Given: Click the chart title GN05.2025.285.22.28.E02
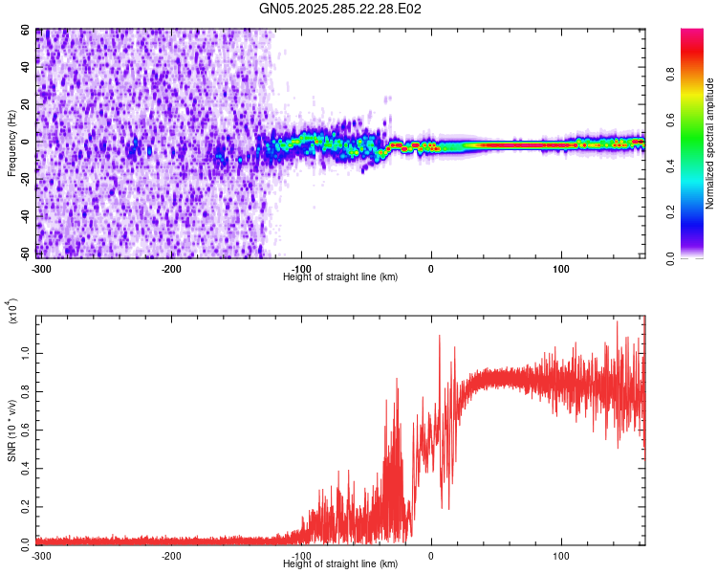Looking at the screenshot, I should [341, 9].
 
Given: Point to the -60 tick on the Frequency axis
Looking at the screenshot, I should [26, 254].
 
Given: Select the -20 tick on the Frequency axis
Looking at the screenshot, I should [26, 179].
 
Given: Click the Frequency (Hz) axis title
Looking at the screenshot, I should [11, 143].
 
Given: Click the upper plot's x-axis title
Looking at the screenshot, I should [340, 276].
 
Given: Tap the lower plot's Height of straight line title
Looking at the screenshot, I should [340, 563].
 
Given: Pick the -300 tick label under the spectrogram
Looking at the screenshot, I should [40, 267].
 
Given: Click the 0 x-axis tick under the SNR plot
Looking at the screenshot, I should [431, 555].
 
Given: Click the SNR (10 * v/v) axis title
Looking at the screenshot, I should [11, 430].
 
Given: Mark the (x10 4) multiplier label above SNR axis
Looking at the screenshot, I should [11, 311].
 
